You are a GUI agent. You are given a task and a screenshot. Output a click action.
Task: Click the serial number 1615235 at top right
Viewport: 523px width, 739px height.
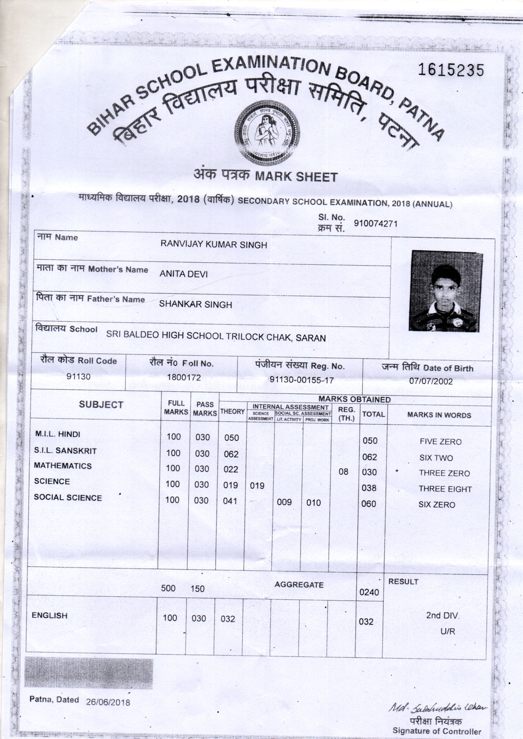[x=451, y=70]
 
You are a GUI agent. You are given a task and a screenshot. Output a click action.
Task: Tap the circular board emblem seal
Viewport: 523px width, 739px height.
[x=267, y=133]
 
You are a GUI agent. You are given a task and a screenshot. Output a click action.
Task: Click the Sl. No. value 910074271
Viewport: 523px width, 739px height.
[x=376, y=223]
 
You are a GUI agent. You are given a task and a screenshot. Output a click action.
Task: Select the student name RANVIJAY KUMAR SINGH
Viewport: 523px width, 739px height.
[x=214, y=245]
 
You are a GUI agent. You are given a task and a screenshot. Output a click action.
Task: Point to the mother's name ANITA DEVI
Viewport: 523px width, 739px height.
[x=184, y=274]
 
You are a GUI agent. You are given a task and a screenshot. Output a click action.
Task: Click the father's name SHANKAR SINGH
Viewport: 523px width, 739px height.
[x=195, y=304]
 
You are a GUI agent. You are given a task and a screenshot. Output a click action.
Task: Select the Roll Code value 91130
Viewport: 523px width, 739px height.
[x=78, y=376]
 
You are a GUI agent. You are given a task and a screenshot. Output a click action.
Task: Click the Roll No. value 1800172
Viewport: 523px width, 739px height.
[x=184, y=377]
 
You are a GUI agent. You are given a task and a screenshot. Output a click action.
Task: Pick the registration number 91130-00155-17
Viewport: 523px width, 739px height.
[x=301, y=380]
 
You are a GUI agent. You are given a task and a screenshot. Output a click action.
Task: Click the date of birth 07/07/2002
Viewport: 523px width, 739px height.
[x=431, y=382]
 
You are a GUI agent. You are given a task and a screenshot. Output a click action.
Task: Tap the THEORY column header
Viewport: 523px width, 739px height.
[x=232, y=411]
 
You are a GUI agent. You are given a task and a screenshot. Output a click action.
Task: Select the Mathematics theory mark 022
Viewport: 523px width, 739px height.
[x=231, y=469]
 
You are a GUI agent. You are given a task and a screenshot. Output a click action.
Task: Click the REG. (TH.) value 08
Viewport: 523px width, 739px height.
[x=343, y=472]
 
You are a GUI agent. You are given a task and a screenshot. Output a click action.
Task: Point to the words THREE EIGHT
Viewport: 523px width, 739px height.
[x=445, y=489]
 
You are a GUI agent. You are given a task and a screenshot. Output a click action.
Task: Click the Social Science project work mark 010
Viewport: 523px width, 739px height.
[x=313, y=503]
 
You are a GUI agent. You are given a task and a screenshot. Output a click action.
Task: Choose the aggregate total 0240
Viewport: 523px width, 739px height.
[x=369, y=592]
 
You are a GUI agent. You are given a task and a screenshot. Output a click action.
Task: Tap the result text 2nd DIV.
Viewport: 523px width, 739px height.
[x=442, y=615]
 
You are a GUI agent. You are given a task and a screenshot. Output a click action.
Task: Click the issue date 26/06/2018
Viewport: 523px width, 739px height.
[x=108, y=702]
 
